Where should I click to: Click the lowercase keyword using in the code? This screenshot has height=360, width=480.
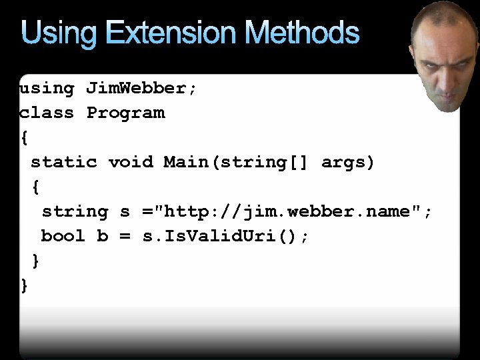tap(47, 88)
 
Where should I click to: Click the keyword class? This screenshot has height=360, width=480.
tap(47, 113)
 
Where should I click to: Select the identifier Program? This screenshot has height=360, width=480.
tap(125, 113)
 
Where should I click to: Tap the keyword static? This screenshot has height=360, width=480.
tap(64, 162)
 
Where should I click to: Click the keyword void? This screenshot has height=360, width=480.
tap(131, 162)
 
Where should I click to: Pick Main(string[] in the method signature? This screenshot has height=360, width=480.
tap(236, 162)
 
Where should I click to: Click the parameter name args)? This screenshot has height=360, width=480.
tap(348, 162)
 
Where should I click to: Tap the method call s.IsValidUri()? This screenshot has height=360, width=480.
tap(226, 236)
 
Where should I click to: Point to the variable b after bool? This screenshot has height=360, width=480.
tap(103, 236)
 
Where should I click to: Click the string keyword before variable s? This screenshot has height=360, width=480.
tap(75, 211)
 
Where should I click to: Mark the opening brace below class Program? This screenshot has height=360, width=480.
tap(25, 138)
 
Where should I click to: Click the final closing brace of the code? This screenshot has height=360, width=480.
tap(25, 285)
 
